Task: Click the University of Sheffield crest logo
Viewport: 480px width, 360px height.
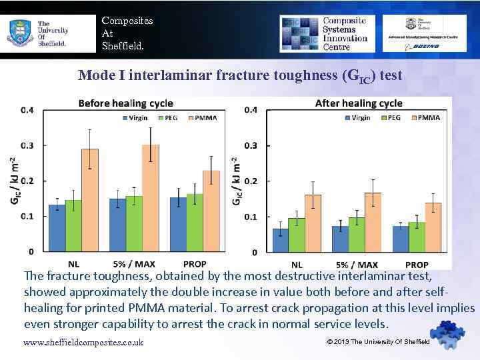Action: coord(18,32)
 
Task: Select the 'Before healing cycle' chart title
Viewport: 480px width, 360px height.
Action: coord(125,103)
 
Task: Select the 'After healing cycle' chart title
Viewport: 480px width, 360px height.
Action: coord(358,103)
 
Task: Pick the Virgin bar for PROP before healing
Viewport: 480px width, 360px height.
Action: coord(177,224)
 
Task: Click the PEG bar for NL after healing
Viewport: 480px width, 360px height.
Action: coord(296,235)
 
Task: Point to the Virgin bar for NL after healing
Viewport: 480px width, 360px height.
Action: coord(280,240)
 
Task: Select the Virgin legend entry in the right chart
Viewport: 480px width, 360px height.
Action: coord(357,118)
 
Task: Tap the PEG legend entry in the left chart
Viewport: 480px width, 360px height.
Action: coord(167,118)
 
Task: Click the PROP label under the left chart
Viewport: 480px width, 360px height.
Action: coord(194,265)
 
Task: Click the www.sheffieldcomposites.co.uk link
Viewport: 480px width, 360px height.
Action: coord(83,343)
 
